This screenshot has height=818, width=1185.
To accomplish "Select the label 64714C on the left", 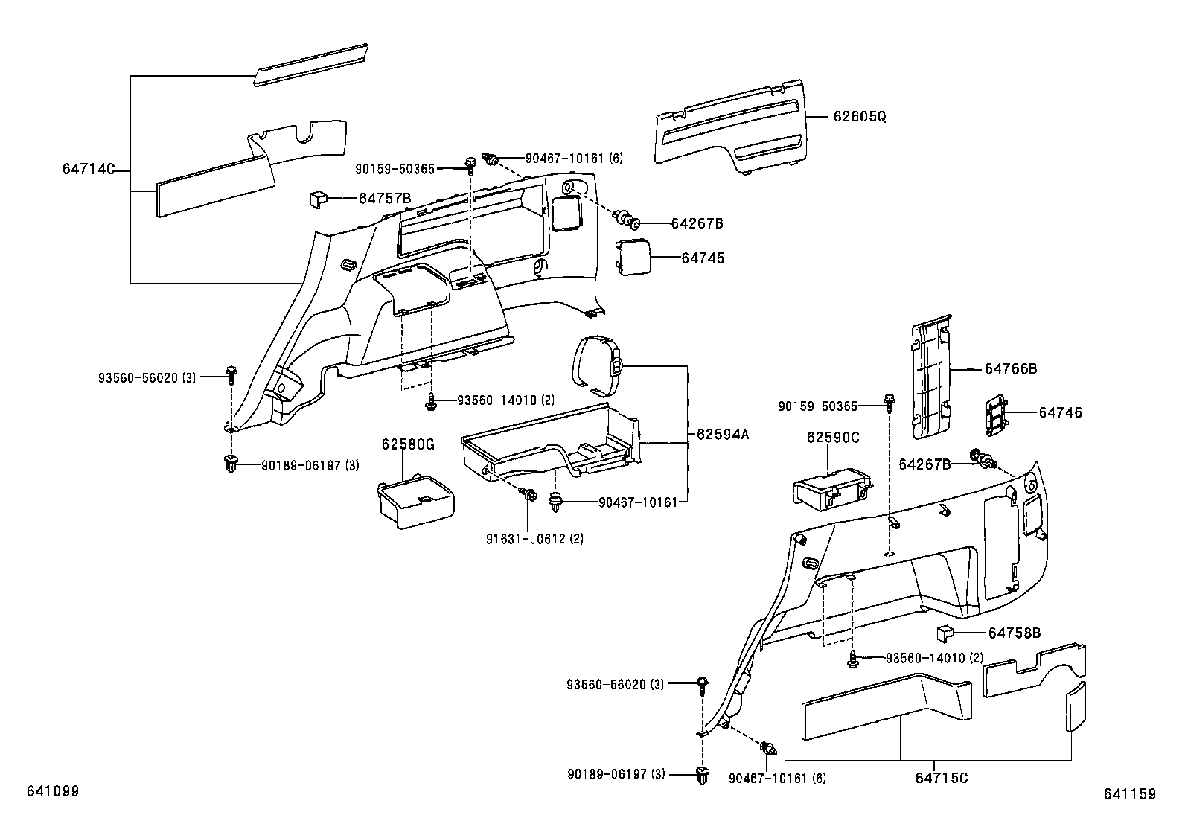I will pyautogui.click(x=88, y=170).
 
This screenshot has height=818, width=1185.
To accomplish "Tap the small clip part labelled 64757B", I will pyautogui.click(x=319, y=199).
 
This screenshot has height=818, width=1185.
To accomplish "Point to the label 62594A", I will pyautogui.click(x=722, y=434).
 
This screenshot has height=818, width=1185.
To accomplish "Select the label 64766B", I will pyautogui.click(x=1011, y=368).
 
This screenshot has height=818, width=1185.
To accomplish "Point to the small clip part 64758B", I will pyautogui.click(x=945, y=633).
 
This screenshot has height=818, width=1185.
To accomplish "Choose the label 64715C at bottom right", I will pyautogui.click(x=942, y=778).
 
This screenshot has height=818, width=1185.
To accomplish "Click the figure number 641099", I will pyautogui.click(x=53, y=791).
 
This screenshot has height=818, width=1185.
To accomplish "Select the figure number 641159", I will pyautogui.click(x=1130, y=794).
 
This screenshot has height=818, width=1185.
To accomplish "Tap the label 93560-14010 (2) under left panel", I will pyautogui.click(x=505, y=400).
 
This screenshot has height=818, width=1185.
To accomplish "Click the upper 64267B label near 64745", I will pyautogui.click(x=697, y=223).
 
